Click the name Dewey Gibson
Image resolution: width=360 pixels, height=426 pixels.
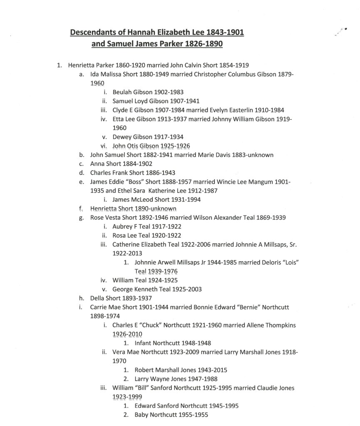(x=131, y=136)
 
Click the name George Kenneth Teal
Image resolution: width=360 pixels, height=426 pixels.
(x=143, y=289)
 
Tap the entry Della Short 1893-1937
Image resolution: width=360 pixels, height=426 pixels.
(x=121, y=298)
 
